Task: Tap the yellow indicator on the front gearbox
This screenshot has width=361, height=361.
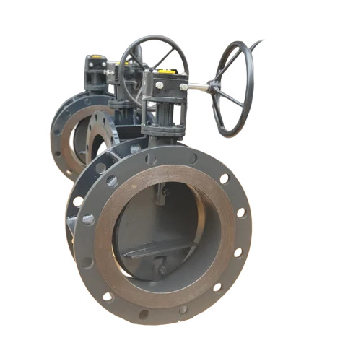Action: (165, 72)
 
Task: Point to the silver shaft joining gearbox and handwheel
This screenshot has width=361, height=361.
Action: (196, 87)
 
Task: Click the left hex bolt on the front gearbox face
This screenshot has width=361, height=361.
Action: (158, 85)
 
